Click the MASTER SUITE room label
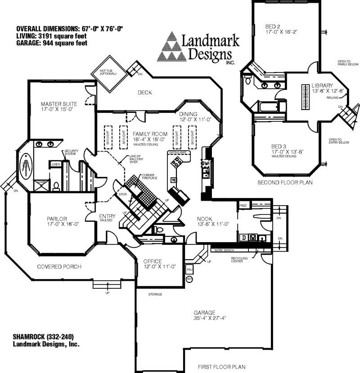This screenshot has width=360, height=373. (57, 103)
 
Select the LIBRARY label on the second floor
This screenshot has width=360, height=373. (322, 85)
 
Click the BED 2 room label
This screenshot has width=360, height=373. (273, 27)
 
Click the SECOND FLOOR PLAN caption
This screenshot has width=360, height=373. (285, 183)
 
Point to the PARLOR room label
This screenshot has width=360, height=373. (57, 219)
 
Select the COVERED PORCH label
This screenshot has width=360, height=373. (59, 267)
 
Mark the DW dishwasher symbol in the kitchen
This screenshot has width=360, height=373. (205, 163)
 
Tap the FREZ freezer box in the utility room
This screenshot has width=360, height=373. (243, 205)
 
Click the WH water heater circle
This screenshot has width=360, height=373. (189, 279)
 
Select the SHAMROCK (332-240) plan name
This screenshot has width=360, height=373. (43, 337)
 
